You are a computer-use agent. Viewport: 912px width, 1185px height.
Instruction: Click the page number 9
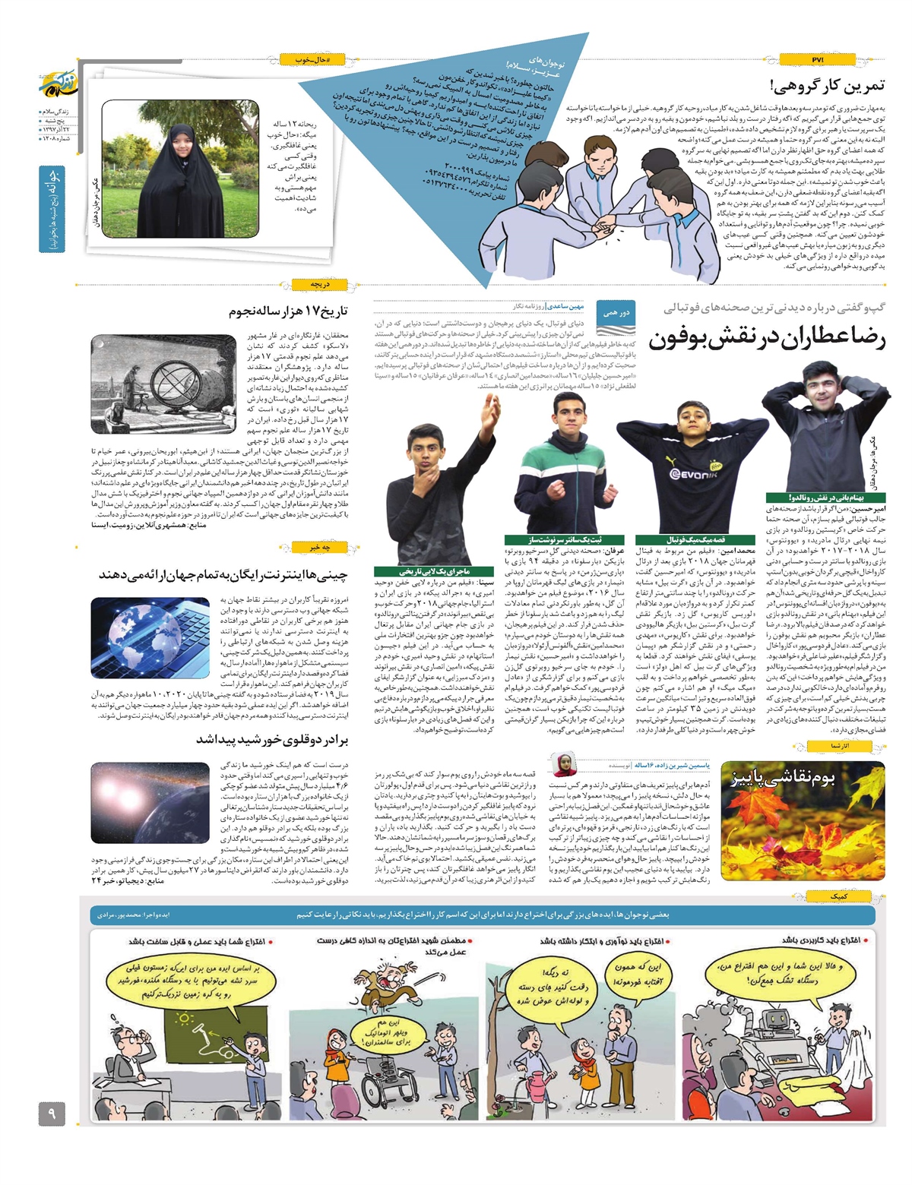[x=52, y=1114]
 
